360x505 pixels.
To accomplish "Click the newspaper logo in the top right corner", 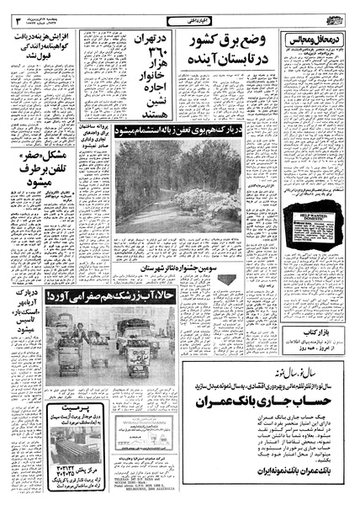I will click(336, 17).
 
